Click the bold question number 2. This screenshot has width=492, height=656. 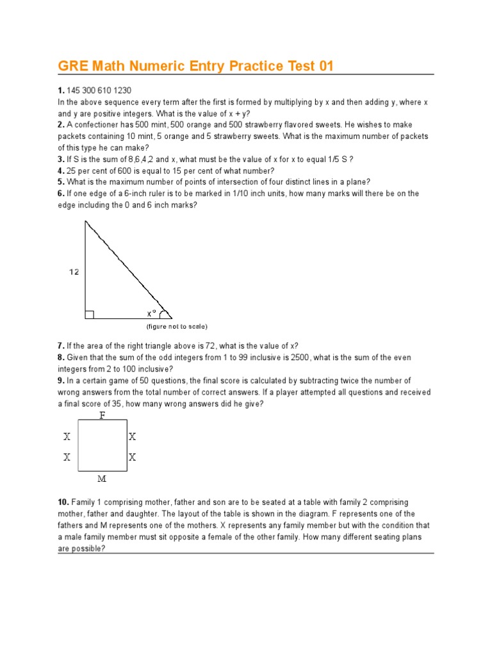click(61, 125)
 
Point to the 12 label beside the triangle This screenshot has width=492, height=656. click(74, 272)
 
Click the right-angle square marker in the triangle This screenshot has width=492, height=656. click(90, 314)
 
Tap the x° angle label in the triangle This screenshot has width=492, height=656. click(152, 313)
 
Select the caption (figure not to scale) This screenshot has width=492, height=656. click(177, 327)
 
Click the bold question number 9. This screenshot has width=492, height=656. click(61, 381)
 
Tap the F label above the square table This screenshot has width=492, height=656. click(102, 416)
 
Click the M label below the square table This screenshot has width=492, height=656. click(102, 478)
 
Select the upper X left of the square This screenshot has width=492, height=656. click(67, 437)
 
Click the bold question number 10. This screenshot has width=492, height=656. click(64, 502)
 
